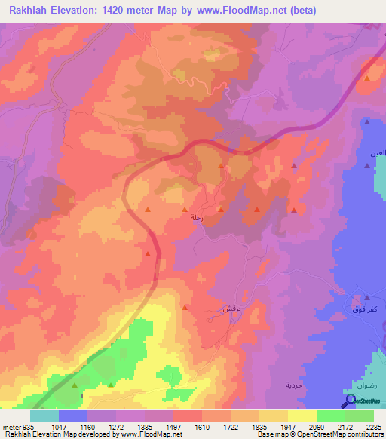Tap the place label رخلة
click(197, 217)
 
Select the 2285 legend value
click(375, 427)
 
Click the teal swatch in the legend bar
click(44, 416)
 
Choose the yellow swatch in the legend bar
click(302, 416)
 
